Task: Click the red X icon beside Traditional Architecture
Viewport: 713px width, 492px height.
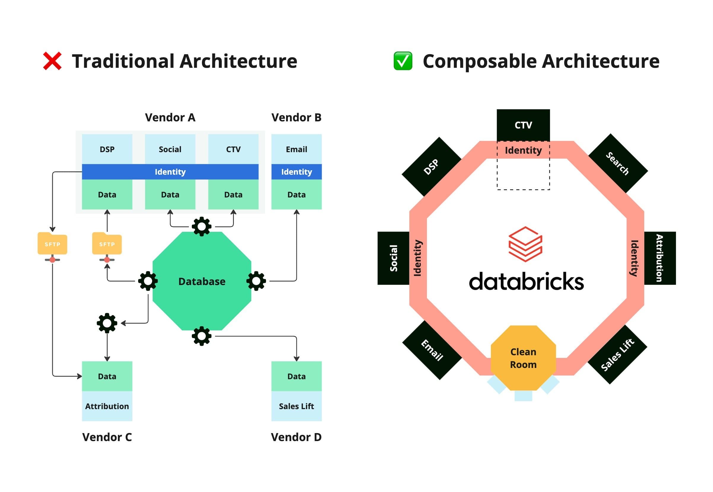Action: point(52,61)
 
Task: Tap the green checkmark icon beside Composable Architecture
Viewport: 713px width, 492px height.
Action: point(403,61)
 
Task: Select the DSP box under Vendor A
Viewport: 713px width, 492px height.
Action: point(107,149)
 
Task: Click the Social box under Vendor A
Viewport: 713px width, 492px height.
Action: point(170,149)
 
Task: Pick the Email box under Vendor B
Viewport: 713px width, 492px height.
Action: point(296,149)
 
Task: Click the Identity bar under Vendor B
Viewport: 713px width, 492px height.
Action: point(296,172)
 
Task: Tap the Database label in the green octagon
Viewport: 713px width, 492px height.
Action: point(202,282)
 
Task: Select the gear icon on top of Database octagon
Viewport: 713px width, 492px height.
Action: point(202,226)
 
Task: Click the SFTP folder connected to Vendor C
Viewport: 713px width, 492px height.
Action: point(52,244)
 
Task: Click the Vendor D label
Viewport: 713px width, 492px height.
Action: point(296,437)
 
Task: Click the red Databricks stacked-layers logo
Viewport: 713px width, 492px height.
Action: point(525,244)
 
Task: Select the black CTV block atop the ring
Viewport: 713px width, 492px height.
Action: point(523,125)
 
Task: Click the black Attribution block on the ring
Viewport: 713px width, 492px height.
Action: point(660,258)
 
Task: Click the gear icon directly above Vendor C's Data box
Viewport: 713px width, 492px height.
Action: point(107,323)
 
